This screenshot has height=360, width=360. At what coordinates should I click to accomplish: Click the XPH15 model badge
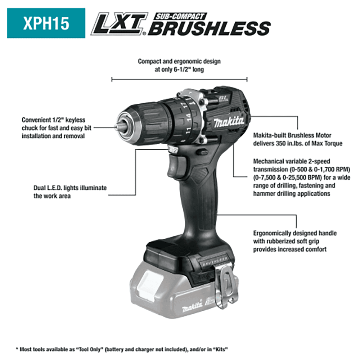click(x=46, y=23)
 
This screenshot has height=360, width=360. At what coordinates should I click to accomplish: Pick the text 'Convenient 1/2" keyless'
click(x=53, y=120)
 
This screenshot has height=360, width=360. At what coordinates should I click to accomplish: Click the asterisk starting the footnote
click(x=17, y=349)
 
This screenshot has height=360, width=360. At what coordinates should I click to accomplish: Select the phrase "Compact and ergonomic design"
click(x=179, y=61)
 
